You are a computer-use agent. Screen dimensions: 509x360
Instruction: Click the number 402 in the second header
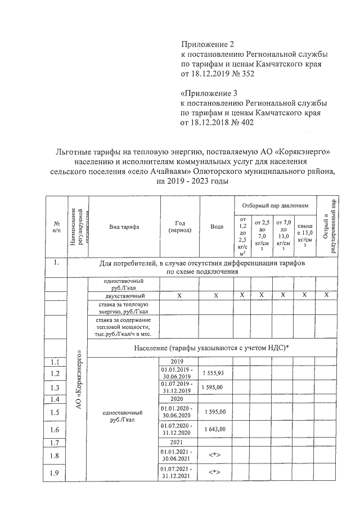point(239,123)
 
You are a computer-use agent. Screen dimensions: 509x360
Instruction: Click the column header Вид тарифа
point(124,227)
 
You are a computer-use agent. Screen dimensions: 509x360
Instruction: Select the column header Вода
point(217,227)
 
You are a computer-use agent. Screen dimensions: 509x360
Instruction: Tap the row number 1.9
point(55,472)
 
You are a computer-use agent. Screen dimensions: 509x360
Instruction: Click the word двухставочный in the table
point(124,295)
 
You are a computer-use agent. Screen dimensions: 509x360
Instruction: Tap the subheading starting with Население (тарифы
point(211,348)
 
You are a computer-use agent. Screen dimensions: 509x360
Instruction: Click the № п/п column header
point(57,227)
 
